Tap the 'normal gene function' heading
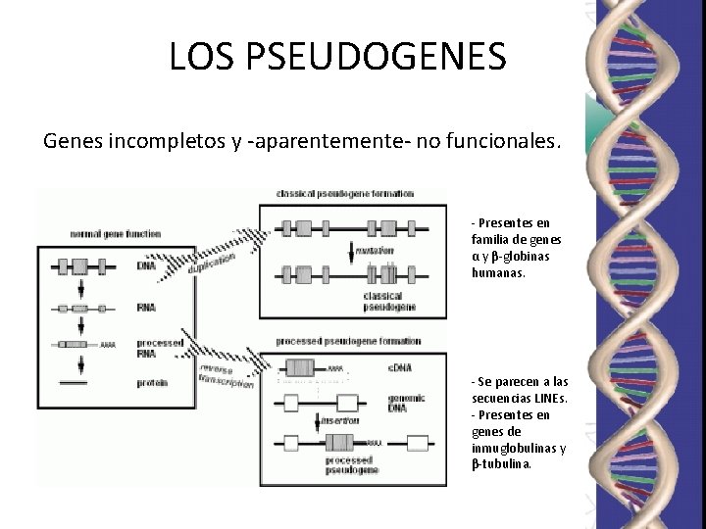click(116, 234)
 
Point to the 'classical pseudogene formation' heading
click(345, 194)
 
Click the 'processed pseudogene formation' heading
click(348, 341)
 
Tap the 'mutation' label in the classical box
click(375, 251)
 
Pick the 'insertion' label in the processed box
click(341, 420)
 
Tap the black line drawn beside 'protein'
click(75, 382)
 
